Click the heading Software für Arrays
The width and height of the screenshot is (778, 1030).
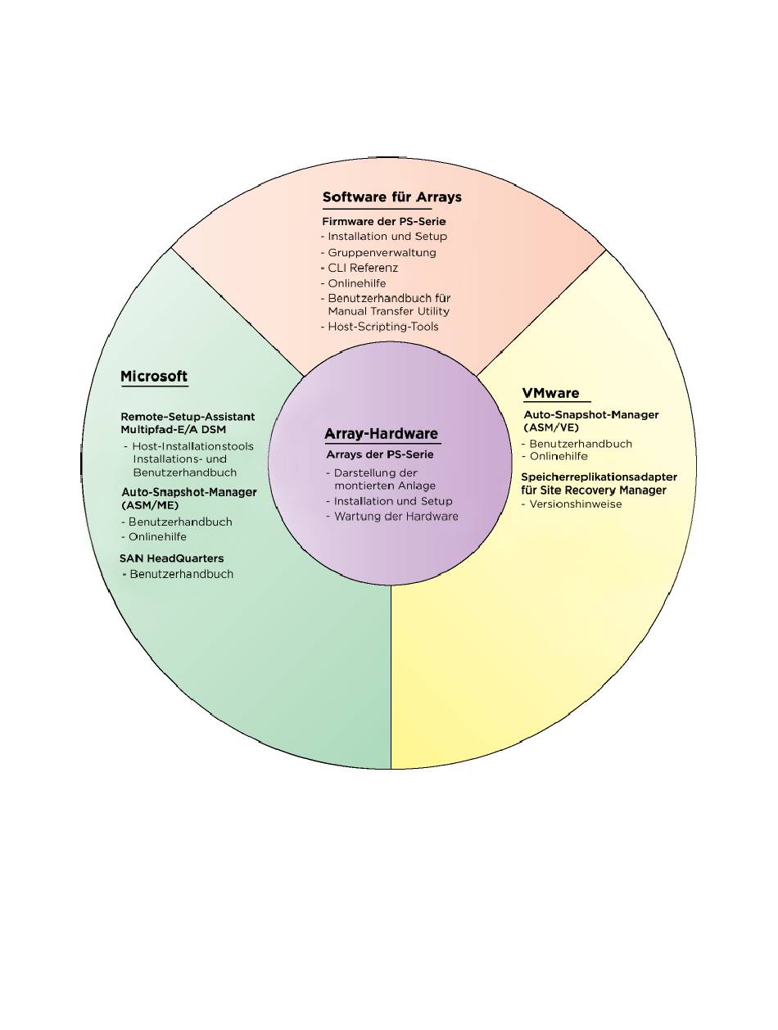click(391, 197)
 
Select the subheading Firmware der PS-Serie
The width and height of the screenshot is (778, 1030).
click(384, 221)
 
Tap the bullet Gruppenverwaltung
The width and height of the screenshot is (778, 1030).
click(382, 252)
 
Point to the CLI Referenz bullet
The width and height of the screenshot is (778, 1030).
click(364, 268)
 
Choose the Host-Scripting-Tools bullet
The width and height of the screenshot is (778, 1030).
click(383, 327)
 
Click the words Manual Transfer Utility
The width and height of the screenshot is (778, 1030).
click(388, 311)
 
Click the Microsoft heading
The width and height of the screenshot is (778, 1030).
click(154, 377)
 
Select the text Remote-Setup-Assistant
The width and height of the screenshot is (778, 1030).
click(188, 417)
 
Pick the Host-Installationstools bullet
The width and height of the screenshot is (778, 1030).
click(192, 446)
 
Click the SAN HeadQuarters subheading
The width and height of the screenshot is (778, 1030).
click(172, 558)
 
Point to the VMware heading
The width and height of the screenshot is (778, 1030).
click(550, 393)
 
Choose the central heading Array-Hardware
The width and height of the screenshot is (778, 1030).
click(381, 434)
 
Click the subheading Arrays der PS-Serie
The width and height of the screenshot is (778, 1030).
click(380, 454)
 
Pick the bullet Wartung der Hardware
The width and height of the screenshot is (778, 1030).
click(396, 517)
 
